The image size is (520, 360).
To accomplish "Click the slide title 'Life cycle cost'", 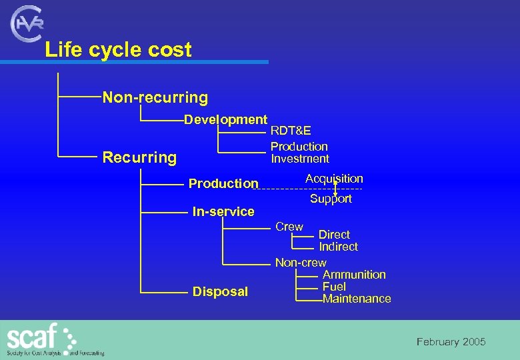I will pyautogui.click(x=118, y=50).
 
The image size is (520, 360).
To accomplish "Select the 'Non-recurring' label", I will pyautogui.click(x=155, y=98).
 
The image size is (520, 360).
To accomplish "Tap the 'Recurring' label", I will pyautogui.click(x=139, y=158).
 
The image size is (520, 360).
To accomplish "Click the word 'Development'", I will pyautogui.click(x=225, y=120).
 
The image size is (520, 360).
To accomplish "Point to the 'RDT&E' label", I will pyautogui.click(x=291, y=131).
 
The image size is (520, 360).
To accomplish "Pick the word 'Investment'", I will pyautogui.click(x=299, y=159).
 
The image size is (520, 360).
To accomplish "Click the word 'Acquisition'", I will pyautogui.click(x=334, y=179).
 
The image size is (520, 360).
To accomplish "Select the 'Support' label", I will pyautogui.click(x=331, y=199).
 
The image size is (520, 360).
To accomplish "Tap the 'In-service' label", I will pyautogui.click(x=223, y=212).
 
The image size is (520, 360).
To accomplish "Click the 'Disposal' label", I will pyautogui.click(x=220, y=291).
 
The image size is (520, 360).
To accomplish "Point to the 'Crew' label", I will pyautogui.click(x=289, y=227).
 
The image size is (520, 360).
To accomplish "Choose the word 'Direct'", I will pyautogui.click(x=334, y=235).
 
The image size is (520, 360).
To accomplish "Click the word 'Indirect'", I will pyautogui.click(x=338, y=247).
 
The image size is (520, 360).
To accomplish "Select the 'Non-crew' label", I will pyautogui.click(x=301, y=263).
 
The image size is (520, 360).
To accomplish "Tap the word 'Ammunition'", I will pyautogui.click(x=354, y=275).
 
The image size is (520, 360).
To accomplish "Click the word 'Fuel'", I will pyautogui.click(x=334, y=287).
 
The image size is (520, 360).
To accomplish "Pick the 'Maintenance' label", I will pyautogui.click(x=357, y=299).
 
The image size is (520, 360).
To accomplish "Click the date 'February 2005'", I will pyautogui.click(x=451, y=342).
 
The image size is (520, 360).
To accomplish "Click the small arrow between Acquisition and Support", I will pyautogui.click(x=335, y=189).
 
